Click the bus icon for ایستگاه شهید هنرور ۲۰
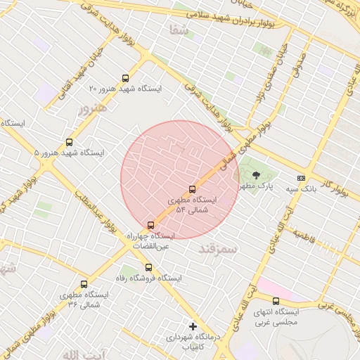[x=126, y=78]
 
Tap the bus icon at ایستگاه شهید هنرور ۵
[x=68, y=142]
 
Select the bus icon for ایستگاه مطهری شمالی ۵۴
[x=193, y=188]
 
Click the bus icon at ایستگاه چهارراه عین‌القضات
[x=150, y=226]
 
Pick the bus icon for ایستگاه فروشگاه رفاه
[x=148, y=267]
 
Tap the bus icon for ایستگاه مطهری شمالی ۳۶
[x=84, y=285]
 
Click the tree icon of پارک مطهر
[x=255, y=175]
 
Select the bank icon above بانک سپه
[x=301, y=179]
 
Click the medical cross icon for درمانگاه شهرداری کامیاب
[x=193, y=327]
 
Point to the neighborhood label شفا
[x=179, y=30]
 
